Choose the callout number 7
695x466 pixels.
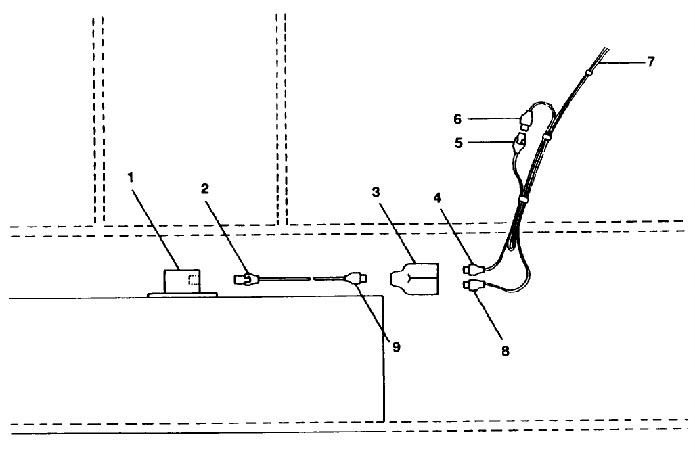tap(650, 62)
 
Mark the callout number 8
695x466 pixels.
tap(505, 351)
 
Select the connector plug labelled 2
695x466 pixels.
tap(246, 277)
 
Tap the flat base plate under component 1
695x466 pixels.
tap(182, 294)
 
